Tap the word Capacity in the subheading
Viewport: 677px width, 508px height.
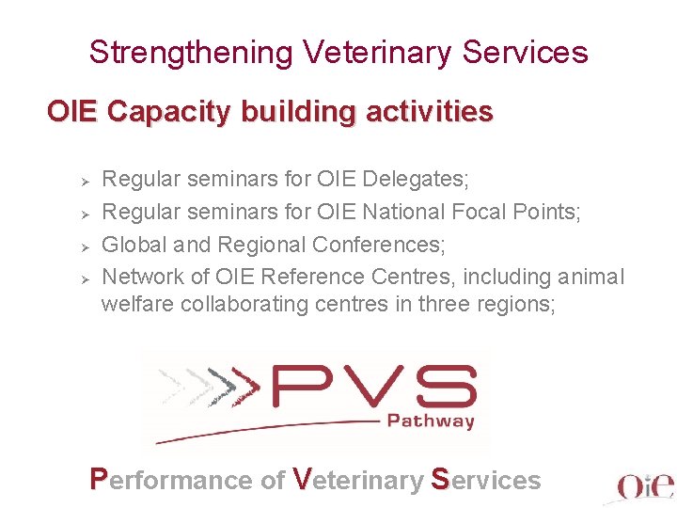172,112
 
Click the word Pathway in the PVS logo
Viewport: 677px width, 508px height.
431,421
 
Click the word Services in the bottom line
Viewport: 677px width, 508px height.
486,480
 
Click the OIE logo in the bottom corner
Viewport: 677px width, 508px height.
644,484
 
